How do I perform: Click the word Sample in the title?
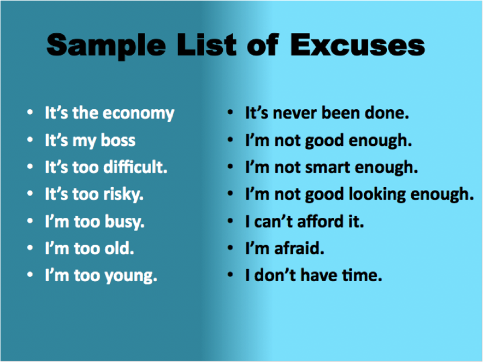[106, 46]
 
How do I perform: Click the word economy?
[138, 114]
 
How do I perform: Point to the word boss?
[118, 140]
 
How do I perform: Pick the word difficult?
[135, 167]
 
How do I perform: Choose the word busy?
[124, 221]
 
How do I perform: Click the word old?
[119, 248]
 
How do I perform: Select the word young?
[131, 276]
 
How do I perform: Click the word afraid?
[299, 248]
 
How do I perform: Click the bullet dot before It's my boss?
[30, 140]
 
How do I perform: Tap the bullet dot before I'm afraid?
[230, 248]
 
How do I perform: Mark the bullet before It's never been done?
[230, 113]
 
